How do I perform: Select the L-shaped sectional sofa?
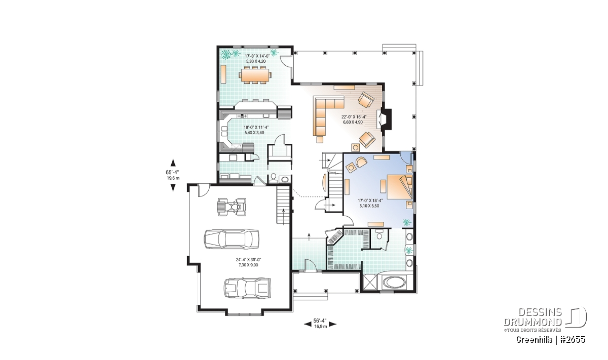(326, 117)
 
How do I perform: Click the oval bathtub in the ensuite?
(394, 282)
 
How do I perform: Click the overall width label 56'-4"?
(320, 321)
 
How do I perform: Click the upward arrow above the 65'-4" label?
(173, 163)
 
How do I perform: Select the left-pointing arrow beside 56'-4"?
(308, 324)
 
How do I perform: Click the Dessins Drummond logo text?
(533, 317)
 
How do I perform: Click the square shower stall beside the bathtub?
(370, 282)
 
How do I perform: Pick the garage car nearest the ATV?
(231, 239)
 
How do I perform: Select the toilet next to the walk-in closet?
(379, 234)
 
